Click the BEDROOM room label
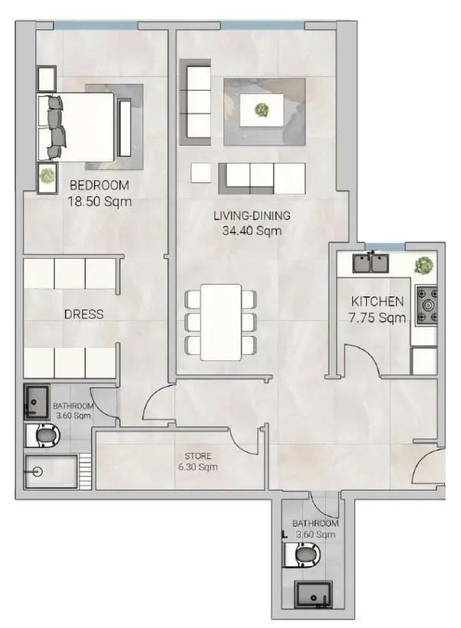click(99, 185)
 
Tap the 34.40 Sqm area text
click(252, 231)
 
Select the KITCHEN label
click(377, 301)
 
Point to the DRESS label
click(84, 314)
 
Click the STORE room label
click(198, 456)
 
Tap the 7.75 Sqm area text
click(377, 318)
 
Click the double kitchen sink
click(371, 263)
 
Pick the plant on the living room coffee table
click(262, 109)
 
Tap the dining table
click(221, 322)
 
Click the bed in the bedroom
click(76, 127)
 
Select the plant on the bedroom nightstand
click(47, 176)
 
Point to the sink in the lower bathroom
click(314, 594)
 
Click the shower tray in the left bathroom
click(51, 471)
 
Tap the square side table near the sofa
click(201, 173)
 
